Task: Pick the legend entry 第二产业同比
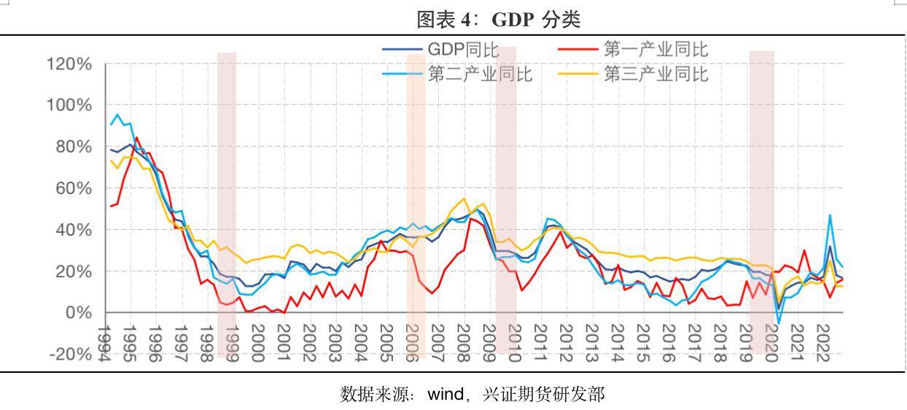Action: pos(480,74)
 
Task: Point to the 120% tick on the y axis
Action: pos(69,64)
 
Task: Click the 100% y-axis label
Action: pos(69,105)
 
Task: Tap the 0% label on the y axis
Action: pos(77,312)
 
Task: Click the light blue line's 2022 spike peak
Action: pos(830,215)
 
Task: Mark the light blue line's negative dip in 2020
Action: pos(779,324)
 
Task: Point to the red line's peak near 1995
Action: pos(136,137)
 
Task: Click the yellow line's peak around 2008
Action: pos(464,198)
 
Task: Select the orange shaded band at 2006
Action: pos(416,204)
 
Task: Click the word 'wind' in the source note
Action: pos(445,395)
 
